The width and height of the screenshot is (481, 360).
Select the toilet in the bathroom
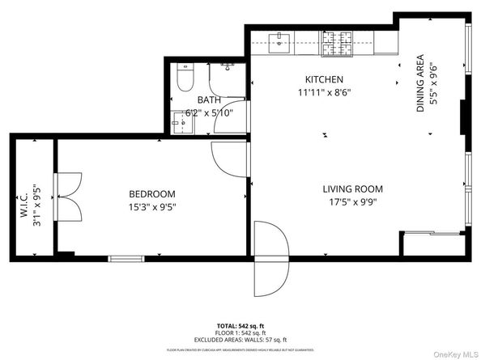tap(184, 78)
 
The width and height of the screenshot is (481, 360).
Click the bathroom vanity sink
tap(178, 125)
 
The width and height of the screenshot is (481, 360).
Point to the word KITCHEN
tap(324, 79)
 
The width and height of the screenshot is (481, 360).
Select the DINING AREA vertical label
tap(421, 83)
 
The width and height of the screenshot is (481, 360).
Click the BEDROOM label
tap(152, 193)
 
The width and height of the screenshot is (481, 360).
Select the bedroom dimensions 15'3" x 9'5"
tap(152, 206)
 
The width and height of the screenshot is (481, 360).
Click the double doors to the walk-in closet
tap(67, 197)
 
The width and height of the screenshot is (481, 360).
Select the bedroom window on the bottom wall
tap(125, 259)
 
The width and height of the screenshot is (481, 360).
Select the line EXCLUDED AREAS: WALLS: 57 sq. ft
tap(240, 340)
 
